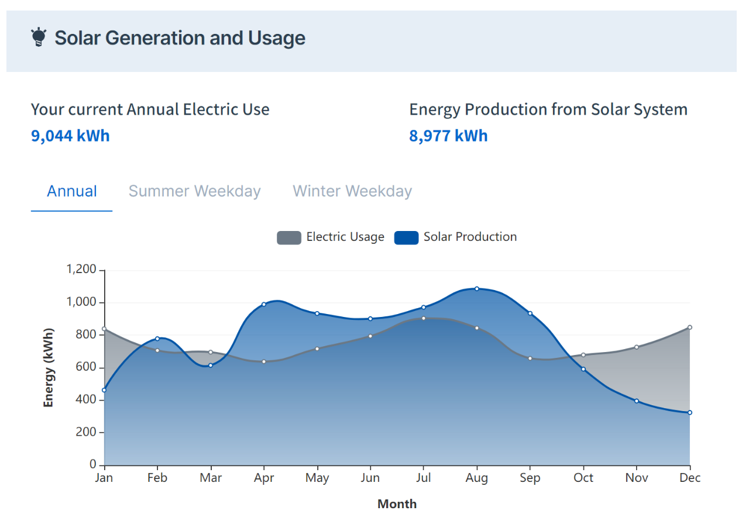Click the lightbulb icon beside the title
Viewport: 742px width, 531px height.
[39, 37]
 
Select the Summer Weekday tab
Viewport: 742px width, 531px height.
[194, 191]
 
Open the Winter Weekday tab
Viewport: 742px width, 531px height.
[352, 191]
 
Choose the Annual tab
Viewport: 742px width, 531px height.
[72, 191]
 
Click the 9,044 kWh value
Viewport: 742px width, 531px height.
[70, 136]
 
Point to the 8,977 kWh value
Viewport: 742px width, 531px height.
[448, 136]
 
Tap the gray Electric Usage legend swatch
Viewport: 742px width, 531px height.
[289, 237]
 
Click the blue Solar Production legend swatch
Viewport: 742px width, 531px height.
[406, 237]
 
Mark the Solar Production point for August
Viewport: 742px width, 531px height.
[477, 288]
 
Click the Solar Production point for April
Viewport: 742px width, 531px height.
[264, 304]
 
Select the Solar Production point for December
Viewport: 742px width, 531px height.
[690, 412]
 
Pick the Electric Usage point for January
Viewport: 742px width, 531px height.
[104, 329]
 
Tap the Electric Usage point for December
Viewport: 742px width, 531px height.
[690, 327]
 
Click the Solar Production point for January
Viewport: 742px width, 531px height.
[104, 390]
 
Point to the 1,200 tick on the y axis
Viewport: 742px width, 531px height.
[81, 270]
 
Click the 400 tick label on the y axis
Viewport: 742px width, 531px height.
[85, 400]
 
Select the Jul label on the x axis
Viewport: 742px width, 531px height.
[423, 478]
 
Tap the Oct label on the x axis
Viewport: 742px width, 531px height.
[583, 478]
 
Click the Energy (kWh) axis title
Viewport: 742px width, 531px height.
[49, 367]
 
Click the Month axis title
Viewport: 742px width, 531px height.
[397, 504]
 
